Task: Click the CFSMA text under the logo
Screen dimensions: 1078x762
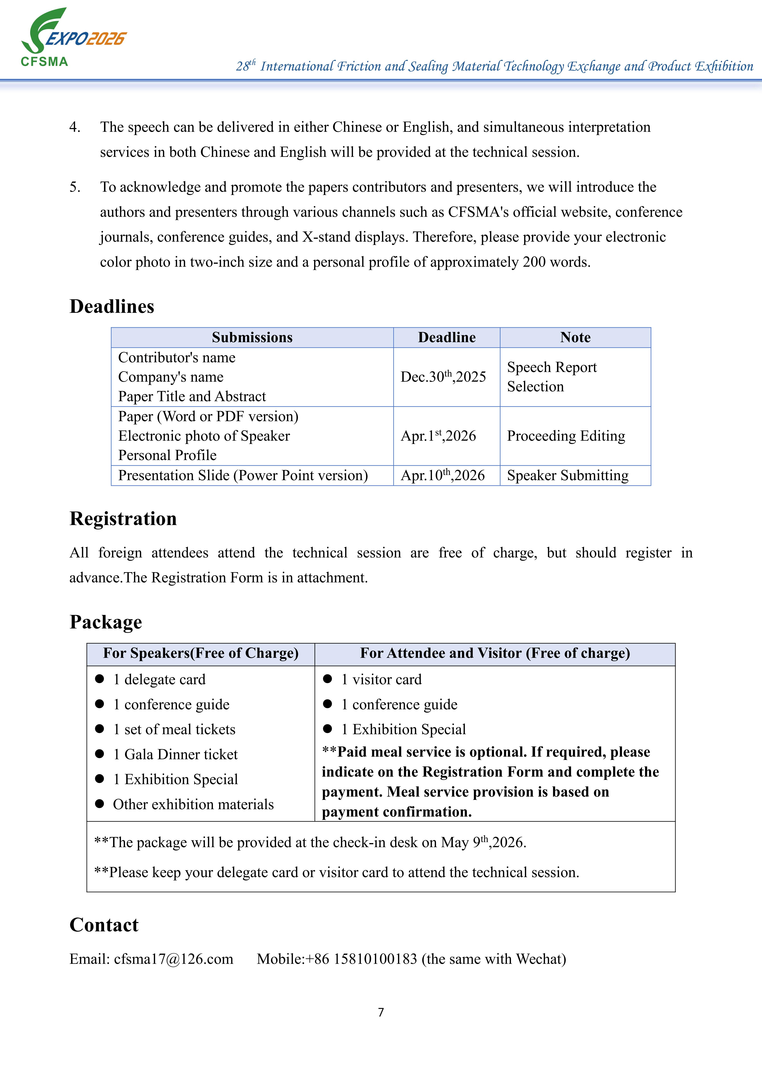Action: (45, 61)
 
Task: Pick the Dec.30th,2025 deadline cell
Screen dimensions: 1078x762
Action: (443, 376)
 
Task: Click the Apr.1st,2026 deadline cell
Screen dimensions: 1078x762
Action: (438, 436)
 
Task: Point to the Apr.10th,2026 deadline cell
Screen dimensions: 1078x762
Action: (442, 475)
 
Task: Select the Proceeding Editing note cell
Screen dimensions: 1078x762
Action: (566, 436)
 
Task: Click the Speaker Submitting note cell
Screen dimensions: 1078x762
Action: (568, 475)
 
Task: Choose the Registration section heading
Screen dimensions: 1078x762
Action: (123, 518)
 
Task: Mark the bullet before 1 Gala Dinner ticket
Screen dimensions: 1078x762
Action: (99, 754)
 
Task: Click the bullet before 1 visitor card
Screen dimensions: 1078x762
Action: (328, 679)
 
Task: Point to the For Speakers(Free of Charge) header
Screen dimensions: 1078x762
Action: (200, 653)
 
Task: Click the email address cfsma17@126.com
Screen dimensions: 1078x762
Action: (173, 959)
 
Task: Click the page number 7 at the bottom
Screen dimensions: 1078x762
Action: (381, 1012)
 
